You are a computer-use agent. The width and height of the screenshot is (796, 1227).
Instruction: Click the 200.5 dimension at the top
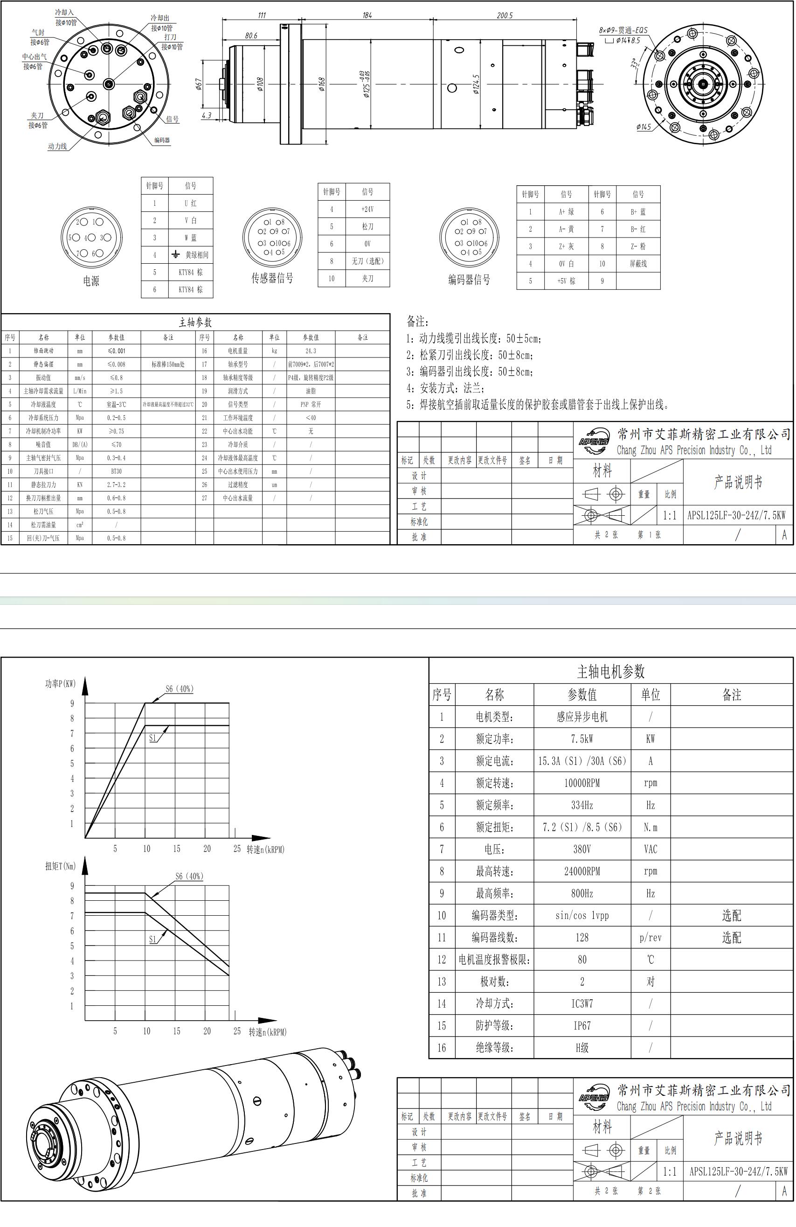tap(505, 15)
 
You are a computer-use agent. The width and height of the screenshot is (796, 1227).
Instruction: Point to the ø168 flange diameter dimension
tap(321, 84)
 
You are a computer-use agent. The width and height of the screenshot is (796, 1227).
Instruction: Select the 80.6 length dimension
tap(251, 35)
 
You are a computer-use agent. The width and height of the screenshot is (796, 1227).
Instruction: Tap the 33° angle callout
tap(635, 64)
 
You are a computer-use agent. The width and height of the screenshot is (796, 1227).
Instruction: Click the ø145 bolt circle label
tap(644, 126)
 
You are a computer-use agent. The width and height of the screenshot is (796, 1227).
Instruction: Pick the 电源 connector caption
tap(91, 281)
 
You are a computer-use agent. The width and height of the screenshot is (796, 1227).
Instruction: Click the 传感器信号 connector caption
tap(272, 278)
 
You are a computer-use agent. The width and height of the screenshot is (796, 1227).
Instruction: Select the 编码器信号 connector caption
tap(469, 280)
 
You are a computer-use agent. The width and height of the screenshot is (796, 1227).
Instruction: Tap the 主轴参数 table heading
tap(195, 322)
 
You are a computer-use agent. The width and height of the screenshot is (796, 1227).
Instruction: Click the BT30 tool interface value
tap(117, 471)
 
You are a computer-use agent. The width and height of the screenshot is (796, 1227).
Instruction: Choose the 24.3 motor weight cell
tap(311, 351)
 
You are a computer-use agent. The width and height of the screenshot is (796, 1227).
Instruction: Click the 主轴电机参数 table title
tap(610, 671)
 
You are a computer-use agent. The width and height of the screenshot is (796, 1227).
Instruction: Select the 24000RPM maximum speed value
tap(582, 871)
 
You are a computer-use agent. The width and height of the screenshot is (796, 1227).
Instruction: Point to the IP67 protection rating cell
tap(582, 1025)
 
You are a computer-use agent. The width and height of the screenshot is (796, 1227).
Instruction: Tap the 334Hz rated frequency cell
tap(582, 805)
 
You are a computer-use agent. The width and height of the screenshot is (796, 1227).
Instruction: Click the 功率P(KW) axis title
tap(60, 684)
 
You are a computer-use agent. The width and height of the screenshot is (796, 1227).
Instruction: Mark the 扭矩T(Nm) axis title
tap(60, 866)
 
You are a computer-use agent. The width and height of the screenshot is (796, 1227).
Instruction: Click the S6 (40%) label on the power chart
tap(179, 689)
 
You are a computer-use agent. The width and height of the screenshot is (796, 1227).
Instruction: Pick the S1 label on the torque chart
tap(152, 940)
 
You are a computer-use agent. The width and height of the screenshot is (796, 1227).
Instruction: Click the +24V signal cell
tap(367, 209)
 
